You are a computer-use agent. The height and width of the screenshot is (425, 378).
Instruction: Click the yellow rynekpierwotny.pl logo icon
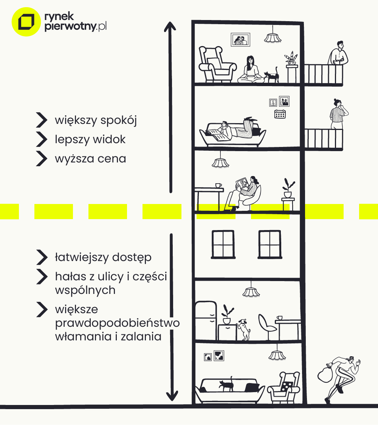click(26, 22)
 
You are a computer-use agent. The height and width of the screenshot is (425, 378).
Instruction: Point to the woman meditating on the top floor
click(251, 70)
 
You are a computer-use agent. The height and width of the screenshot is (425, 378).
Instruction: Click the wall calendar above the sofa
click(280, 114)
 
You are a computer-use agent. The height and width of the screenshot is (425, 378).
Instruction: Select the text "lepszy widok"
click(90, 139)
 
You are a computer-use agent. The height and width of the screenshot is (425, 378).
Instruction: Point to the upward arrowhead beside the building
click(170, 28)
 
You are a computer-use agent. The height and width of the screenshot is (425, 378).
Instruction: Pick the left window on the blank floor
click(223, 244)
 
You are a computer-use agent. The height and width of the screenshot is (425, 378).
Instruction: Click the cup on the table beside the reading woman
click(218, 185)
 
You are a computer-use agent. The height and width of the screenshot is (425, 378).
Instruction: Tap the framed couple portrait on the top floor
click(241, 39)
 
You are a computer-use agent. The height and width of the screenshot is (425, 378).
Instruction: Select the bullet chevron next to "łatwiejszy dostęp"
click(42, 257)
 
